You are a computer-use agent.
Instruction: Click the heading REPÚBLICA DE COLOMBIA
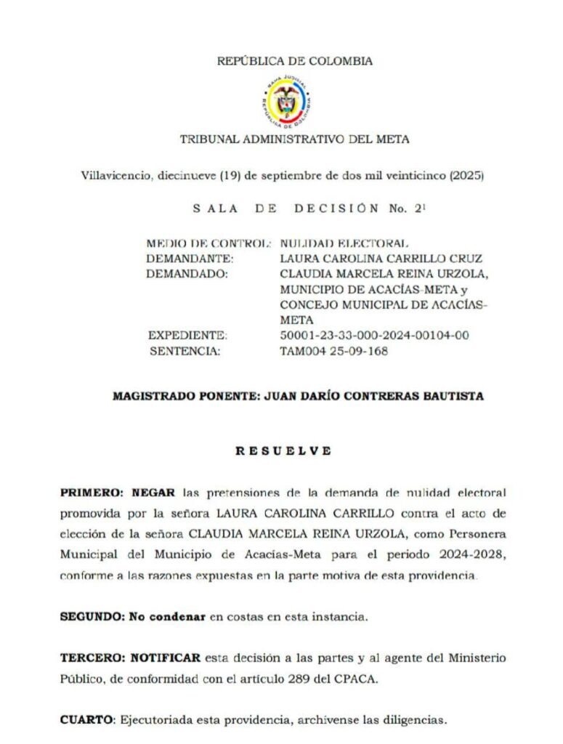coord(295,61)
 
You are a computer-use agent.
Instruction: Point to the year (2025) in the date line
coord(467,176)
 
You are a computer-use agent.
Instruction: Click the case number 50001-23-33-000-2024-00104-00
coord(374,335)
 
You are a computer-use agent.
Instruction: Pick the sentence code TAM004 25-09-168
coord(333,351)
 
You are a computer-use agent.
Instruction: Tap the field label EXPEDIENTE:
coord(188,335)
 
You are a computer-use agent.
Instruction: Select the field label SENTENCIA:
coord(185,351)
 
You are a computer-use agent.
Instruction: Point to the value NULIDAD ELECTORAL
coord(344,243)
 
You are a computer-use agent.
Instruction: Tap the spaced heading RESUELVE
coord(283,450)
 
